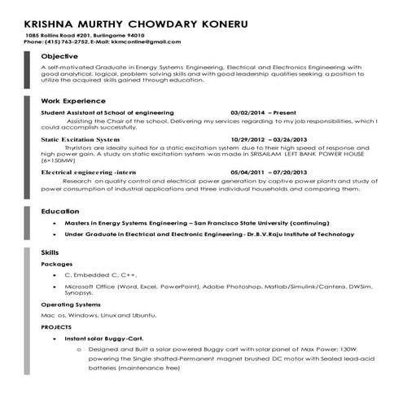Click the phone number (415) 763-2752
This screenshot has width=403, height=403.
(x=71, y=42)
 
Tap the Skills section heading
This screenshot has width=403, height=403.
(x=50, y=253)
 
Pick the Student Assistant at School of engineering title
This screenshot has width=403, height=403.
(x=107, y=112)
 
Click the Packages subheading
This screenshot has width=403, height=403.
(x=57, y=265)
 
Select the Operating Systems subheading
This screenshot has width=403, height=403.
(x=71, y=304)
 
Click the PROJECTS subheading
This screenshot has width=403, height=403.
(x=56, y=326)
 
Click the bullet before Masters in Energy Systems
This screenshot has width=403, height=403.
(x=54, y=221)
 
